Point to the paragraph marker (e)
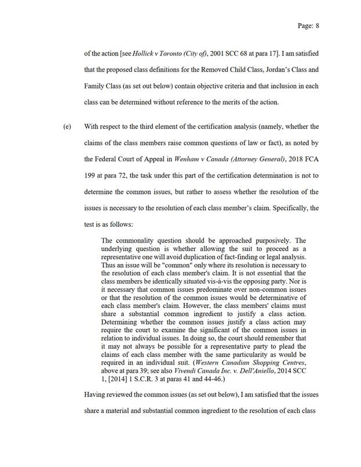(67, 127)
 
